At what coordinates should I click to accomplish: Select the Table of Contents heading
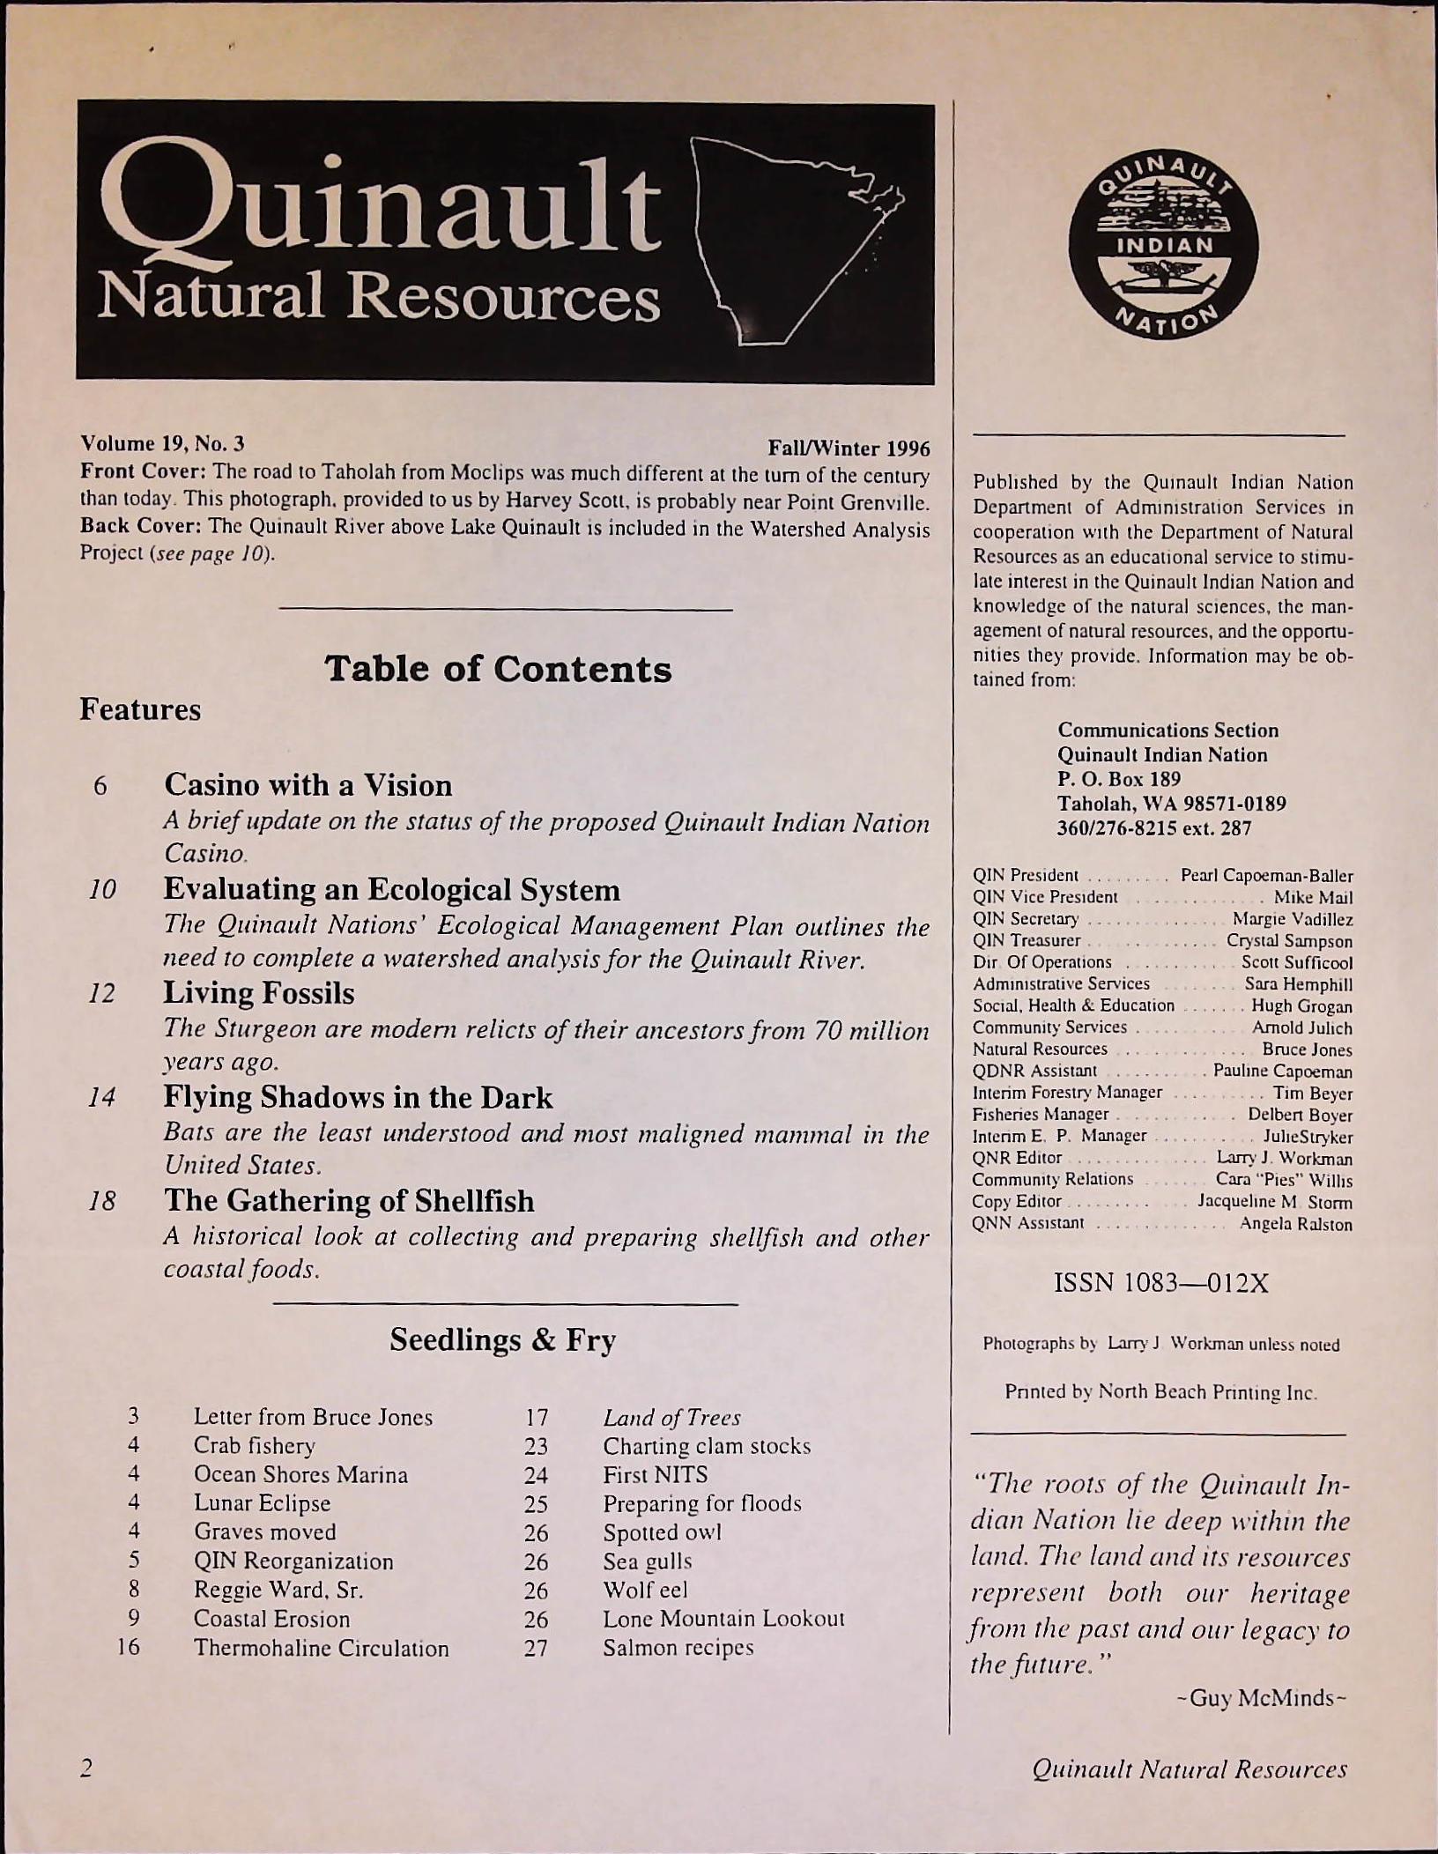click(498, 670)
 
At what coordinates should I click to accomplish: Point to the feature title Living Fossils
click(259, 993)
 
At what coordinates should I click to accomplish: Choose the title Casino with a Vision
click(308, 784)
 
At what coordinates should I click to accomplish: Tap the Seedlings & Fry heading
click(502, 1340)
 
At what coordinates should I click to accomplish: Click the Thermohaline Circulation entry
click(321, 1648)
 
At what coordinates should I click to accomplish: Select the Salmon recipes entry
click(678, 1647)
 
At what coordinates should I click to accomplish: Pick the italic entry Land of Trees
click(671, 1417)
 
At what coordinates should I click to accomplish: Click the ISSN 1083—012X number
click(1161, 1283)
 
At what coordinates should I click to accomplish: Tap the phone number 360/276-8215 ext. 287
click(1153, 827)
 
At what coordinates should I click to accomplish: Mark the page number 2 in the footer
click(85, 1769)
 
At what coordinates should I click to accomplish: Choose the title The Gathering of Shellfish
click(349, 1201)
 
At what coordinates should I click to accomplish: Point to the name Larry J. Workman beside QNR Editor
click(1284, 1158)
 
